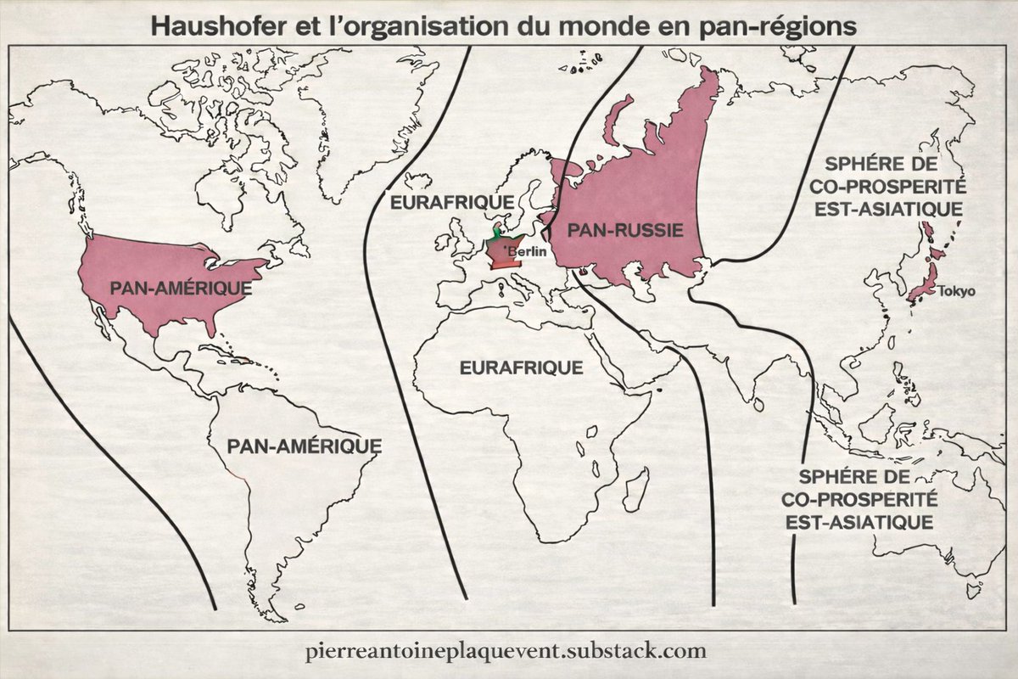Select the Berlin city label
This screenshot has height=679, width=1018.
526,251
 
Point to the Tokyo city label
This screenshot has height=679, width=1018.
956,291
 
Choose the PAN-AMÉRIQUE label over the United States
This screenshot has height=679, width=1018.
181,288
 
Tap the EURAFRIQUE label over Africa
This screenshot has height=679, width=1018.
521,368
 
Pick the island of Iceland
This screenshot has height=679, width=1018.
417,181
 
